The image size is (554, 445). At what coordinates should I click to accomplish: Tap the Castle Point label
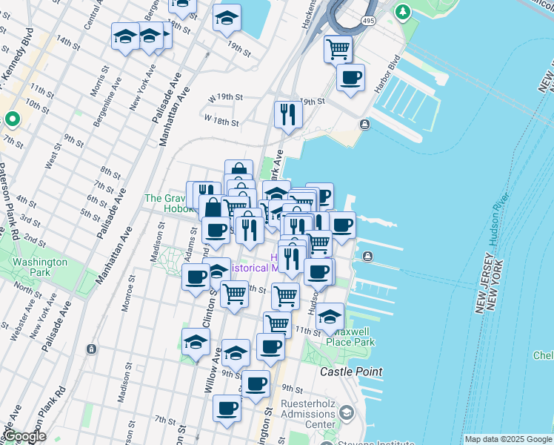[351, 371]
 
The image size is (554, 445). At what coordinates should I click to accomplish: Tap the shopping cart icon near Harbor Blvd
[338, 50]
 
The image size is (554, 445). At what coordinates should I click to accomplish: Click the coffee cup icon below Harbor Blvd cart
[350, 77]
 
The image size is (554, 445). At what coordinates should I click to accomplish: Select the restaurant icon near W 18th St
[287, 114]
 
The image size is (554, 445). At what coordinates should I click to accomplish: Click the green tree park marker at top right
[402, 12]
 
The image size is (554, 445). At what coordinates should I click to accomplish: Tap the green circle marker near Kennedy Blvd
[12, 119]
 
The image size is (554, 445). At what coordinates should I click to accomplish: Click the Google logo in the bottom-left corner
[24, 437]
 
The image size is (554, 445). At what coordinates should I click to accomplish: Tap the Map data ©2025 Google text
[507, 439]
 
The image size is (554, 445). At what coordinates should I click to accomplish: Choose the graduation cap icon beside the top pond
[227, 19]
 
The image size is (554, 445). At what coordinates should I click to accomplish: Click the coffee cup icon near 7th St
[227, 408]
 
